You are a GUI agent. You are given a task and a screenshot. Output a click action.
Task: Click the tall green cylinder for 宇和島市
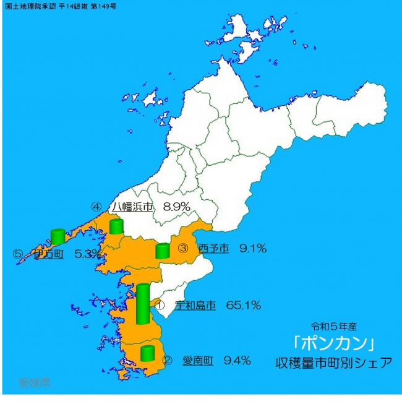pos(143,304)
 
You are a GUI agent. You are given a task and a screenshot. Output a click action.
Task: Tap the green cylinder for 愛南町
pos(147,353)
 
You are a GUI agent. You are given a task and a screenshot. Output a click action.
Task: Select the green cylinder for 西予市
pos(163,251)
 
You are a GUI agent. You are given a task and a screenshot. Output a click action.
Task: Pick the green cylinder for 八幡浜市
pos(116,226)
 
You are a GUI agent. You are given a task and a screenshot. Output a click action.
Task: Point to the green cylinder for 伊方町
pos(58,236)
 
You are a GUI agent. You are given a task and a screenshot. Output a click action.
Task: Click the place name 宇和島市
pos(195,305)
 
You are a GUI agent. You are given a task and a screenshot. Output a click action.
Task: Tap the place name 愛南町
pos(197,360)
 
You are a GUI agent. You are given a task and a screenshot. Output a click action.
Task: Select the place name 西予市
pos(213,249)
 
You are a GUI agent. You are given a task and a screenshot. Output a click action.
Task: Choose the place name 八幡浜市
pos(132,207)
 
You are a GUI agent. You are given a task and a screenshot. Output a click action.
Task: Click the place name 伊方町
pos(49,254)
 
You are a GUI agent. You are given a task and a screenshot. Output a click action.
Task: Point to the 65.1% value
pos(243,305)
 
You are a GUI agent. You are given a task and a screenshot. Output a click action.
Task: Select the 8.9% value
pos(176,207)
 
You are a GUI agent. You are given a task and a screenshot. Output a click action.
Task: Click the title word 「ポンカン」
pos(334,343)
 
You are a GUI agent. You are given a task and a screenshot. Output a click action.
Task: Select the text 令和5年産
pos(335,325)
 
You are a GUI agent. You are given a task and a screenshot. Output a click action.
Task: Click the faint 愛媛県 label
pos(34,382)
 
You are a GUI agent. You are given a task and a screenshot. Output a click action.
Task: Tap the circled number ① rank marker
pos(158,305)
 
